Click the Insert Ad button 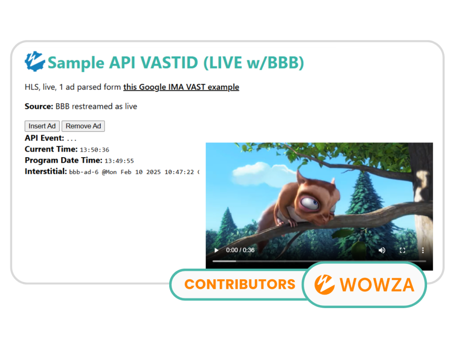42,126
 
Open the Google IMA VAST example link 181,87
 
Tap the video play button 216,250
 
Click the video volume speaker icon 382,250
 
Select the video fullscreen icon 402,250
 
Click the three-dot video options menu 423,250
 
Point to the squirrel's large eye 309,203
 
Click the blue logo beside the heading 34,61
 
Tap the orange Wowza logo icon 325,285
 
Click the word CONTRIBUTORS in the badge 240,284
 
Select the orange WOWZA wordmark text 377,285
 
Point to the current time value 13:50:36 94,150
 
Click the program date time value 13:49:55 120,161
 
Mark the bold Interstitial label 46,171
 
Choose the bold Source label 39,106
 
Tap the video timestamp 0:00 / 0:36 240,250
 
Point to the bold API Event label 44,138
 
